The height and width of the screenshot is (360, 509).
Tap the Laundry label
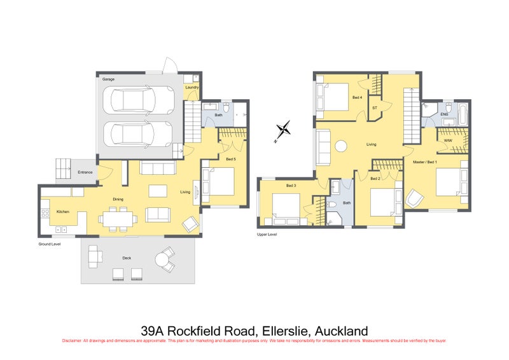192,87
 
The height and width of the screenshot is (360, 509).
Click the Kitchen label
62,211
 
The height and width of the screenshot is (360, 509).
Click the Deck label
127,258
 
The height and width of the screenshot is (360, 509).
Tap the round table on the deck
164,259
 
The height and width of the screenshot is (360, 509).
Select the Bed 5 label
230,159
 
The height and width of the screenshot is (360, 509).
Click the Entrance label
85,172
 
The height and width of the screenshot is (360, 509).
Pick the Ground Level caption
50,243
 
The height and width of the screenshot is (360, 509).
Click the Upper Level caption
266,235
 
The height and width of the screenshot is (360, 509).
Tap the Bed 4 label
357,97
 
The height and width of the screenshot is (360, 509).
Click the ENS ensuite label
443,114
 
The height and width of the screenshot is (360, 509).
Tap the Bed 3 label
291,186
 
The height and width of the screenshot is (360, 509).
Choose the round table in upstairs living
341,146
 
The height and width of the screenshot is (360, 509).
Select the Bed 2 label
375,179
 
